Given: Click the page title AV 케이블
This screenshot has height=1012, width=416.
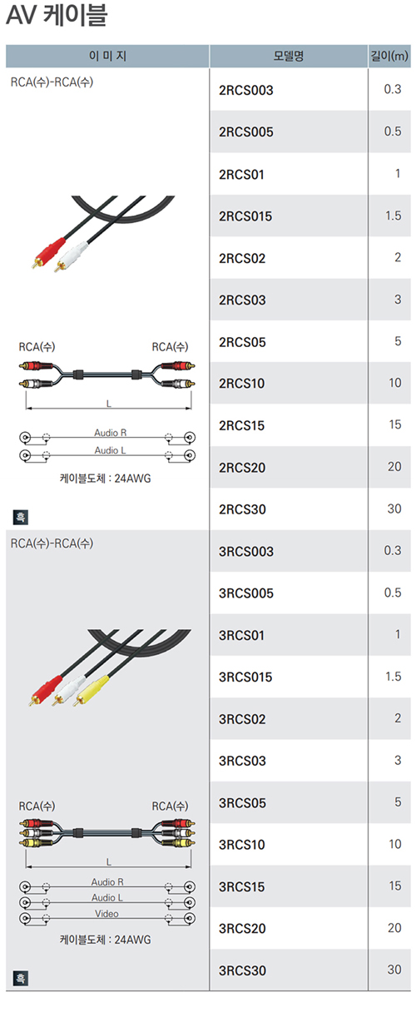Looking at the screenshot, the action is point(57,15).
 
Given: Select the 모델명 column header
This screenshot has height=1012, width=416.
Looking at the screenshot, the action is point(288,56).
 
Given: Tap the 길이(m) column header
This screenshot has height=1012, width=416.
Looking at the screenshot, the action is point(389,56).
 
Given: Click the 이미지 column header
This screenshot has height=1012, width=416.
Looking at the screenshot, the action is point(107,56).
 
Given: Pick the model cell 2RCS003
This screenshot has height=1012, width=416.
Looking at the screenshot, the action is point(246,91).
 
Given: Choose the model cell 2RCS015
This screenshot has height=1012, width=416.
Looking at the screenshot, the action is point(245,216).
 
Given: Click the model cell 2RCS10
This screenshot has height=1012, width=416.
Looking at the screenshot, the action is point(241,384).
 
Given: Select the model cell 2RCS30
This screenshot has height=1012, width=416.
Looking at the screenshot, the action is point(243,509).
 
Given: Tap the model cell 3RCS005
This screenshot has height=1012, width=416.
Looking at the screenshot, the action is point(246,593).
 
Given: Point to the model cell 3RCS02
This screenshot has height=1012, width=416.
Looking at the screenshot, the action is point(243,719).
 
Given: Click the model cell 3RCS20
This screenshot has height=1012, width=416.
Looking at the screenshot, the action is point(243,929).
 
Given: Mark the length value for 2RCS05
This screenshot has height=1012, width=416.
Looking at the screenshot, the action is point(398,341).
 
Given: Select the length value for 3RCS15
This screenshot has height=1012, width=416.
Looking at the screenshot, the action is point(394,886).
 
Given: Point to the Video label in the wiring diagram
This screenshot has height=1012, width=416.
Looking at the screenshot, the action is point(106,914).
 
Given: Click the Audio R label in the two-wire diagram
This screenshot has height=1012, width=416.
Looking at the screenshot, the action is point(110,433).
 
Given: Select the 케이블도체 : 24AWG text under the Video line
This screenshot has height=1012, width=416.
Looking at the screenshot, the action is point(105,940).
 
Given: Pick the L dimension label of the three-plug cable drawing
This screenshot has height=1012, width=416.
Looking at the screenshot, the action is point(108,862).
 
